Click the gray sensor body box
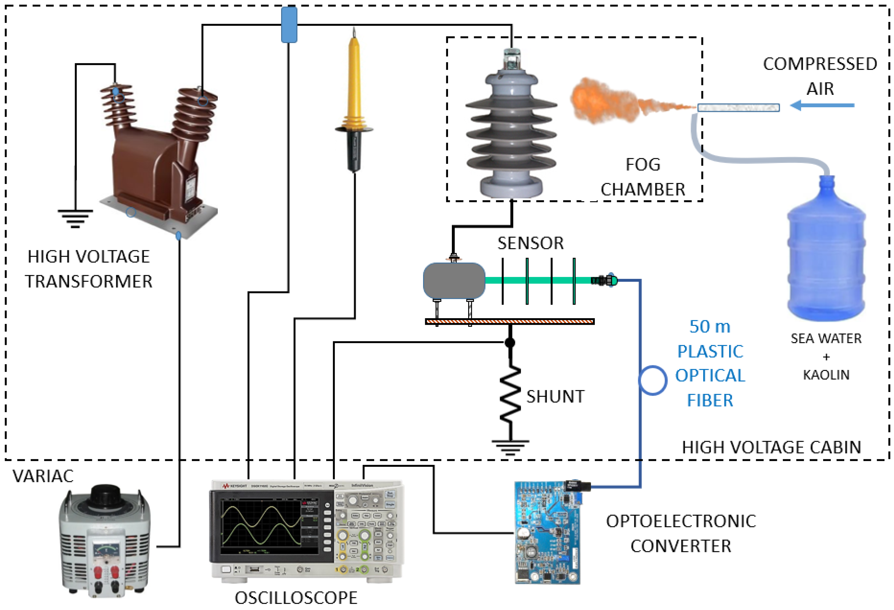(x=454, y=281)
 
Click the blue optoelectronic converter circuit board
(x=547, y=534)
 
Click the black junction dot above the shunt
(x=510, y=342)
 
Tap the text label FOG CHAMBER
(x=643, y=177)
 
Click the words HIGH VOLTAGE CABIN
(x=771, y=447)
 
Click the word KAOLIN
(x=826, y=375)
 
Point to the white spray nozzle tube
(x=738, y=108)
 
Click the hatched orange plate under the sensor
(x=509, y=321)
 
